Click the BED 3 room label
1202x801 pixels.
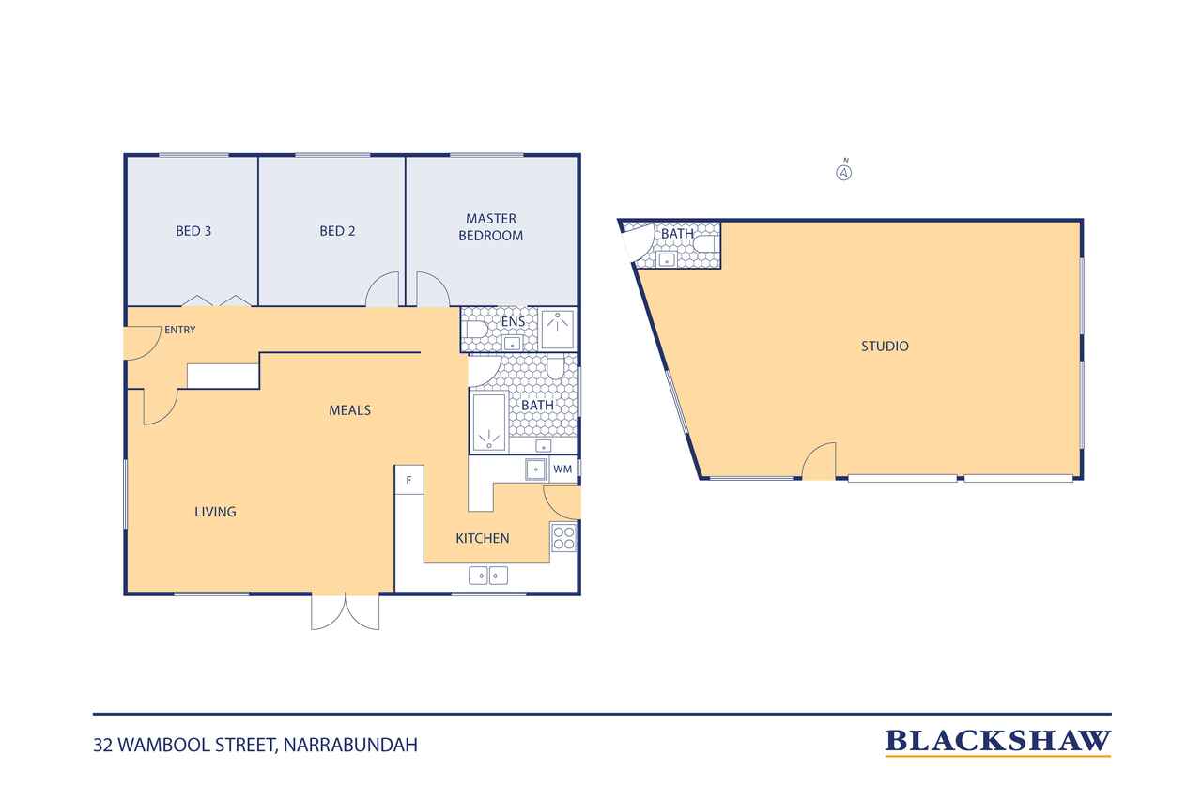click(x=193, y=231)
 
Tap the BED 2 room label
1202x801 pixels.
click(x=337, y=231)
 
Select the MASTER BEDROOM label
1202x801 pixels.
click(x=491, y=227)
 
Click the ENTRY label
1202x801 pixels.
click(x=179, y=330)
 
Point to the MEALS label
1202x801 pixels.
click(x=350, y=410)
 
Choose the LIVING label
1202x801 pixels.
click(x=215, y=512)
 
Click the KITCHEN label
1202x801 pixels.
click(x=483, y=539)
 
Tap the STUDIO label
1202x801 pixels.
click(x=885, y=347)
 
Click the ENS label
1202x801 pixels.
click(x=513, y=321)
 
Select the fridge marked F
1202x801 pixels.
click(x=408, y=480)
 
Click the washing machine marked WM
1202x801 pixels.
click(x=562, y=470)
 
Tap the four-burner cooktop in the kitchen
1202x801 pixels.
click(x=563, y=538)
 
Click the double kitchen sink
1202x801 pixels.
click(x=488, y=576)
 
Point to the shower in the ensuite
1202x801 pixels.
click(x=558, y=329)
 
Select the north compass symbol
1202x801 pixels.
click(x=843, y=171)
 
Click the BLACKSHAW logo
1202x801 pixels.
click(x=997, y=743)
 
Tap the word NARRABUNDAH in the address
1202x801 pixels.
click(x=350, y=745)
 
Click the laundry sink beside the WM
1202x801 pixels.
click(x=535, y=470)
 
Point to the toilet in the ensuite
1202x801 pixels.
click(x=476, y=330)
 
